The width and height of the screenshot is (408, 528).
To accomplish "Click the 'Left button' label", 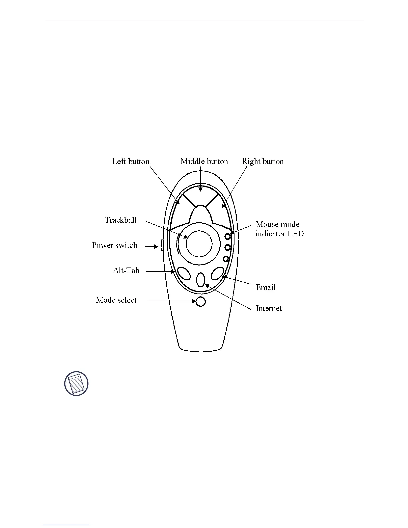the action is click(x=131, y=162).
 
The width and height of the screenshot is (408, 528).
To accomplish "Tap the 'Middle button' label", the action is click(x=204, y=162).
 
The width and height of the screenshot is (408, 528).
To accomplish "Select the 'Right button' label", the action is click(x=263, y=162).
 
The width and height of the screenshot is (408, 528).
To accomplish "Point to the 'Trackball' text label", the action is click(x=121, y=220).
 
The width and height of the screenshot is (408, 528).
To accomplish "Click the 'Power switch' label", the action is click(x=115, y=245).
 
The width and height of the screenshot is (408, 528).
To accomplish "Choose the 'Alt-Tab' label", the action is click(x=126, y=270).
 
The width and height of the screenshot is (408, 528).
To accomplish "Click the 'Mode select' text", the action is click(x=116, y=300).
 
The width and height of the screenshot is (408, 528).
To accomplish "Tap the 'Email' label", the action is click(x=266, y=287).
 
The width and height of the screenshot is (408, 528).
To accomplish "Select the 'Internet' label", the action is click(x=269, y=308).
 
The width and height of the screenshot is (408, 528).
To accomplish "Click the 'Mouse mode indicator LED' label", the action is click(x=279, y=229).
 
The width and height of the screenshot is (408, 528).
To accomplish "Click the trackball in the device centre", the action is click(x=199, y=243).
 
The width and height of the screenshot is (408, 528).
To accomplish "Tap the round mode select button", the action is click(x=200, y=302).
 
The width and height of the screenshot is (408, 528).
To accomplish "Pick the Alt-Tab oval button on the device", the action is click(x=184, y=273).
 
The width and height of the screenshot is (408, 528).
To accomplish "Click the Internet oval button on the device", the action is click(x=200, y=280).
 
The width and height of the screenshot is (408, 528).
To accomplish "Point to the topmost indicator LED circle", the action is click(x=228, y=237).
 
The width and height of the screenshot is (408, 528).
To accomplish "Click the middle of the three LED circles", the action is click(x=228, y=248).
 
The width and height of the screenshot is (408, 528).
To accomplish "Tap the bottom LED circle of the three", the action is click(x=226, y=259).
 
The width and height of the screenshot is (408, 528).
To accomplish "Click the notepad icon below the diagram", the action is click(x=76, y=383).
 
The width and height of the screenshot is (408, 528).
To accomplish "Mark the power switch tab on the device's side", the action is click(x=162, y=246).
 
